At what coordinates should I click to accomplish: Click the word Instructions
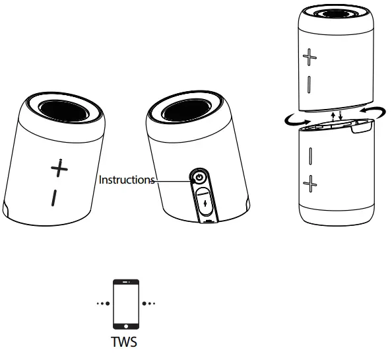[x=127, y=180]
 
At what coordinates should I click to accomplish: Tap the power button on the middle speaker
[x=199, y=177]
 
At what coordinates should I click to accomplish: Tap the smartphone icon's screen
[x=126, y=302]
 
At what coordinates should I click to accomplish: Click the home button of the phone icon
[x=126, y=325]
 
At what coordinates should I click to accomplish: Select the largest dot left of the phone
[x=108, y=304]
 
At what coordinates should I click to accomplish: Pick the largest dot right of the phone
[x=145, y=304]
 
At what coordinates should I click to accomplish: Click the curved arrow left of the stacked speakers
[x=291, y=121]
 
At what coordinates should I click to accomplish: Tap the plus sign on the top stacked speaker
[x=310, y=57]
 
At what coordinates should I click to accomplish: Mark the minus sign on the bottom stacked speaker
[x=310, y=156]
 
